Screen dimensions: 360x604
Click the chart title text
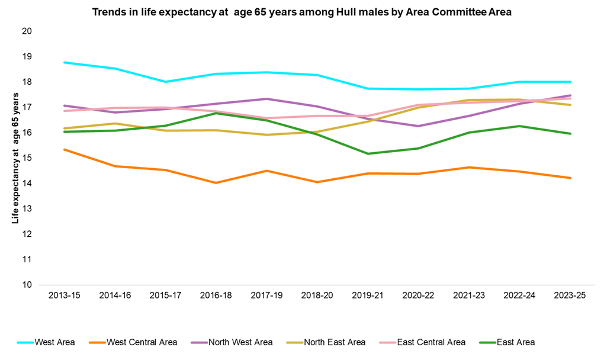(x=302, y=11)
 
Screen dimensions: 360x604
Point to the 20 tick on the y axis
(x=26, y=31)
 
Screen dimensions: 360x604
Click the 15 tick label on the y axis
(x=26, y=158)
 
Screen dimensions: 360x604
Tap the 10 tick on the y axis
(x=26, y=285)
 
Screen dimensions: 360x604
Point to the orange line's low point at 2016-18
(x=216, y=183)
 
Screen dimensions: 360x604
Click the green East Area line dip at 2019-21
(x=368, y=154)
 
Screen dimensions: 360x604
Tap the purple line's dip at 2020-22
(x=418, y=126)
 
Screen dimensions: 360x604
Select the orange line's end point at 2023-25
(x=570, y=178)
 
